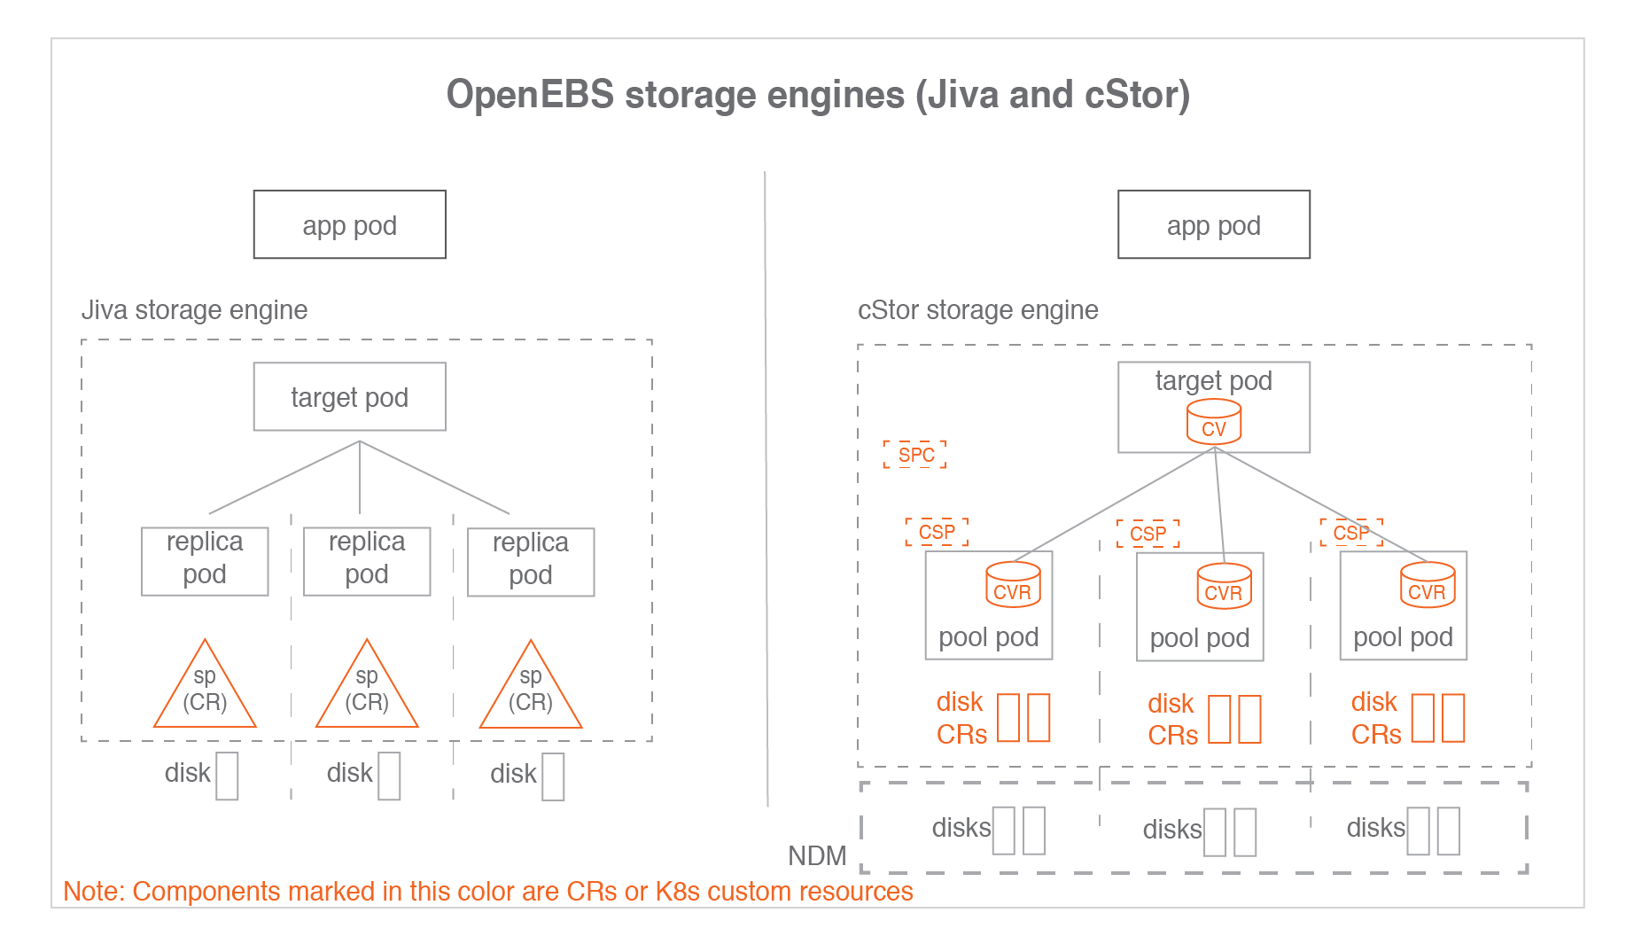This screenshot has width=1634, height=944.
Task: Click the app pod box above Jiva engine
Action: point(349,224)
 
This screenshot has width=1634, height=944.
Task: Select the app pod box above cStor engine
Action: point(1213,224)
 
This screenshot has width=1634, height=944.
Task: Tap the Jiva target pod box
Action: point(349,396)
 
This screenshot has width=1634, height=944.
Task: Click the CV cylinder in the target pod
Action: point(1214,421)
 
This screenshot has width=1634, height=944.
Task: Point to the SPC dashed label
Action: point(915,455)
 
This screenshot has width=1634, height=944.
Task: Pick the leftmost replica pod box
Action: point(205,561)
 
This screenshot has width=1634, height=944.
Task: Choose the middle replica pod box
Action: point(367,561)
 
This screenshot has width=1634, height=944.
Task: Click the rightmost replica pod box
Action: point(531,562)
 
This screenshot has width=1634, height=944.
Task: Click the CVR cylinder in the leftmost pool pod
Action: point(1013,585)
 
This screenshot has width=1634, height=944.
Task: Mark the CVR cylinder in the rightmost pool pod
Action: point(1427,585)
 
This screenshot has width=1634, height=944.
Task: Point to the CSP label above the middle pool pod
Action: point(1148,534)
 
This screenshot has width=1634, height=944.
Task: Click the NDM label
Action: point(817,855)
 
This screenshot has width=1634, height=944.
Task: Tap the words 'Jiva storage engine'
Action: point(194,309)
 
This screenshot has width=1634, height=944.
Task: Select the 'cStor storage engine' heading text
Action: point(977,309)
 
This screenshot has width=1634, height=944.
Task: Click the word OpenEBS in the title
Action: point(529,95)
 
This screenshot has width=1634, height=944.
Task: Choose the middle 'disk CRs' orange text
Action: point(1171,719)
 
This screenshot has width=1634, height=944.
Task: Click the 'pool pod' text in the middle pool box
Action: point(1199,637)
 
